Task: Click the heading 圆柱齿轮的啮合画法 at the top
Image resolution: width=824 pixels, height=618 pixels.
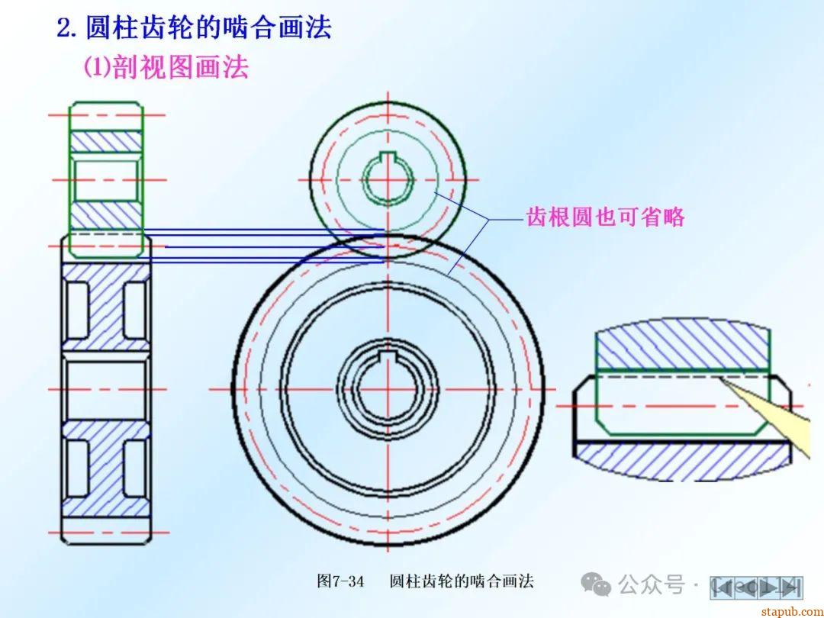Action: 208,28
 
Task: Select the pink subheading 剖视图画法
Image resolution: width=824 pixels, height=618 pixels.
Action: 181,68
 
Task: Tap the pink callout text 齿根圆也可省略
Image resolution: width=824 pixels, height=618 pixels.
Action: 605,217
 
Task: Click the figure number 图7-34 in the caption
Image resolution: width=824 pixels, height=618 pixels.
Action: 340,581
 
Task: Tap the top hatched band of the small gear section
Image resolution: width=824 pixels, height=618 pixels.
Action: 106,141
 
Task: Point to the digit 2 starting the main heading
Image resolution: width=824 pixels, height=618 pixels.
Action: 65,29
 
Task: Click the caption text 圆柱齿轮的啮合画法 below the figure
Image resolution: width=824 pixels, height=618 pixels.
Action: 462,581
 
